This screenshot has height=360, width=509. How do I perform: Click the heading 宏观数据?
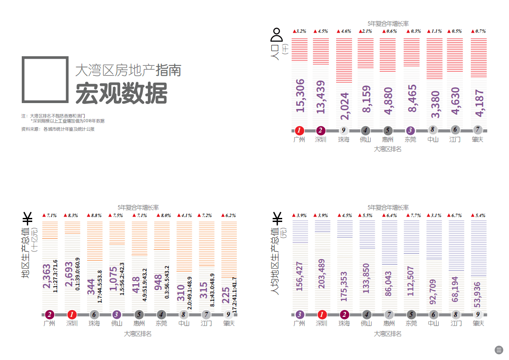click(x=121, y=94)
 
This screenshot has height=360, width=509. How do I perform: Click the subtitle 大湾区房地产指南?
click(x=128, y=70)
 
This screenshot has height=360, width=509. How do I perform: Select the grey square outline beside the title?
click(x=45, y=79)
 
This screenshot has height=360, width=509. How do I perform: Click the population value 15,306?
click(x=300, y=95)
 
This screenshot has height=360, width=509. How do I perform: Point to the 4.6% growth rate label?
click(x=344, y=31)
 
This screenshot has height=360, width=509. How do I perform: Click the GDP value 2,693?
click(x=69, y=274)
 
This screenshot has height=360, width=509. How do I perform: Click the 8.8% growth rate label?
click(x=94, y=215)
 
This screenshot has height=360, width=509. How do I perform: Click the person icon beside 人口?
click(x=276, y=34)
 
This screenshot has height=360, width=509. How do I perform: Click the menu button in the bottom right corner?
click(x=499, y=350)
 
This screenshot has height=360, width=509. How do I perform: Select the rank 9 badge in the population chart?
click(x=343, y=130)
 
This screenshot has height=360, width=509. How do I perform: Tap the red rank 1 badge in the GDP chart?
click(x=72, y=314)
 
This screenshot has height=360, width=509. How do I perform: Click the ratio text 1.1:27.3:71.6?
click(x=55, y=276)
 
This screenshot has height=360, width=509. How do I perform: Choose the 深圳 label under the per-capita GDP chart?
click(x=321, y=324)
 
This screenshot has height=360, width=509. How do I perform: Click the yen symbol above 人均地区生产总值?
click(x=277, y=218)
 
